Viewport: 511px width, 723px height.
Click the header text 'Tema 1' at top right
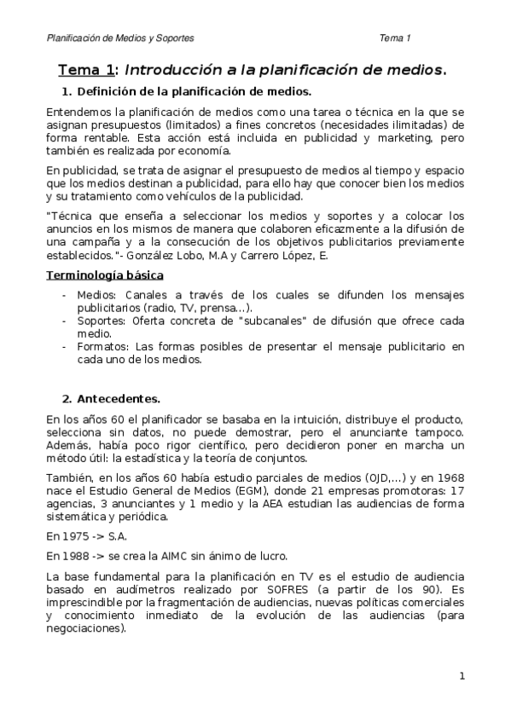pyautogui.click(x=396, y=38)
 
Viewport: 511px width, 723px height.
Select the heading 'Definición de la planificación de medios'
pyautogui.click(x=194, y=91)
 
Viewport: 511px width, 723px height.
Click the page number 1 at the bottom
pyautogui.click(x=462, y=677)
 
